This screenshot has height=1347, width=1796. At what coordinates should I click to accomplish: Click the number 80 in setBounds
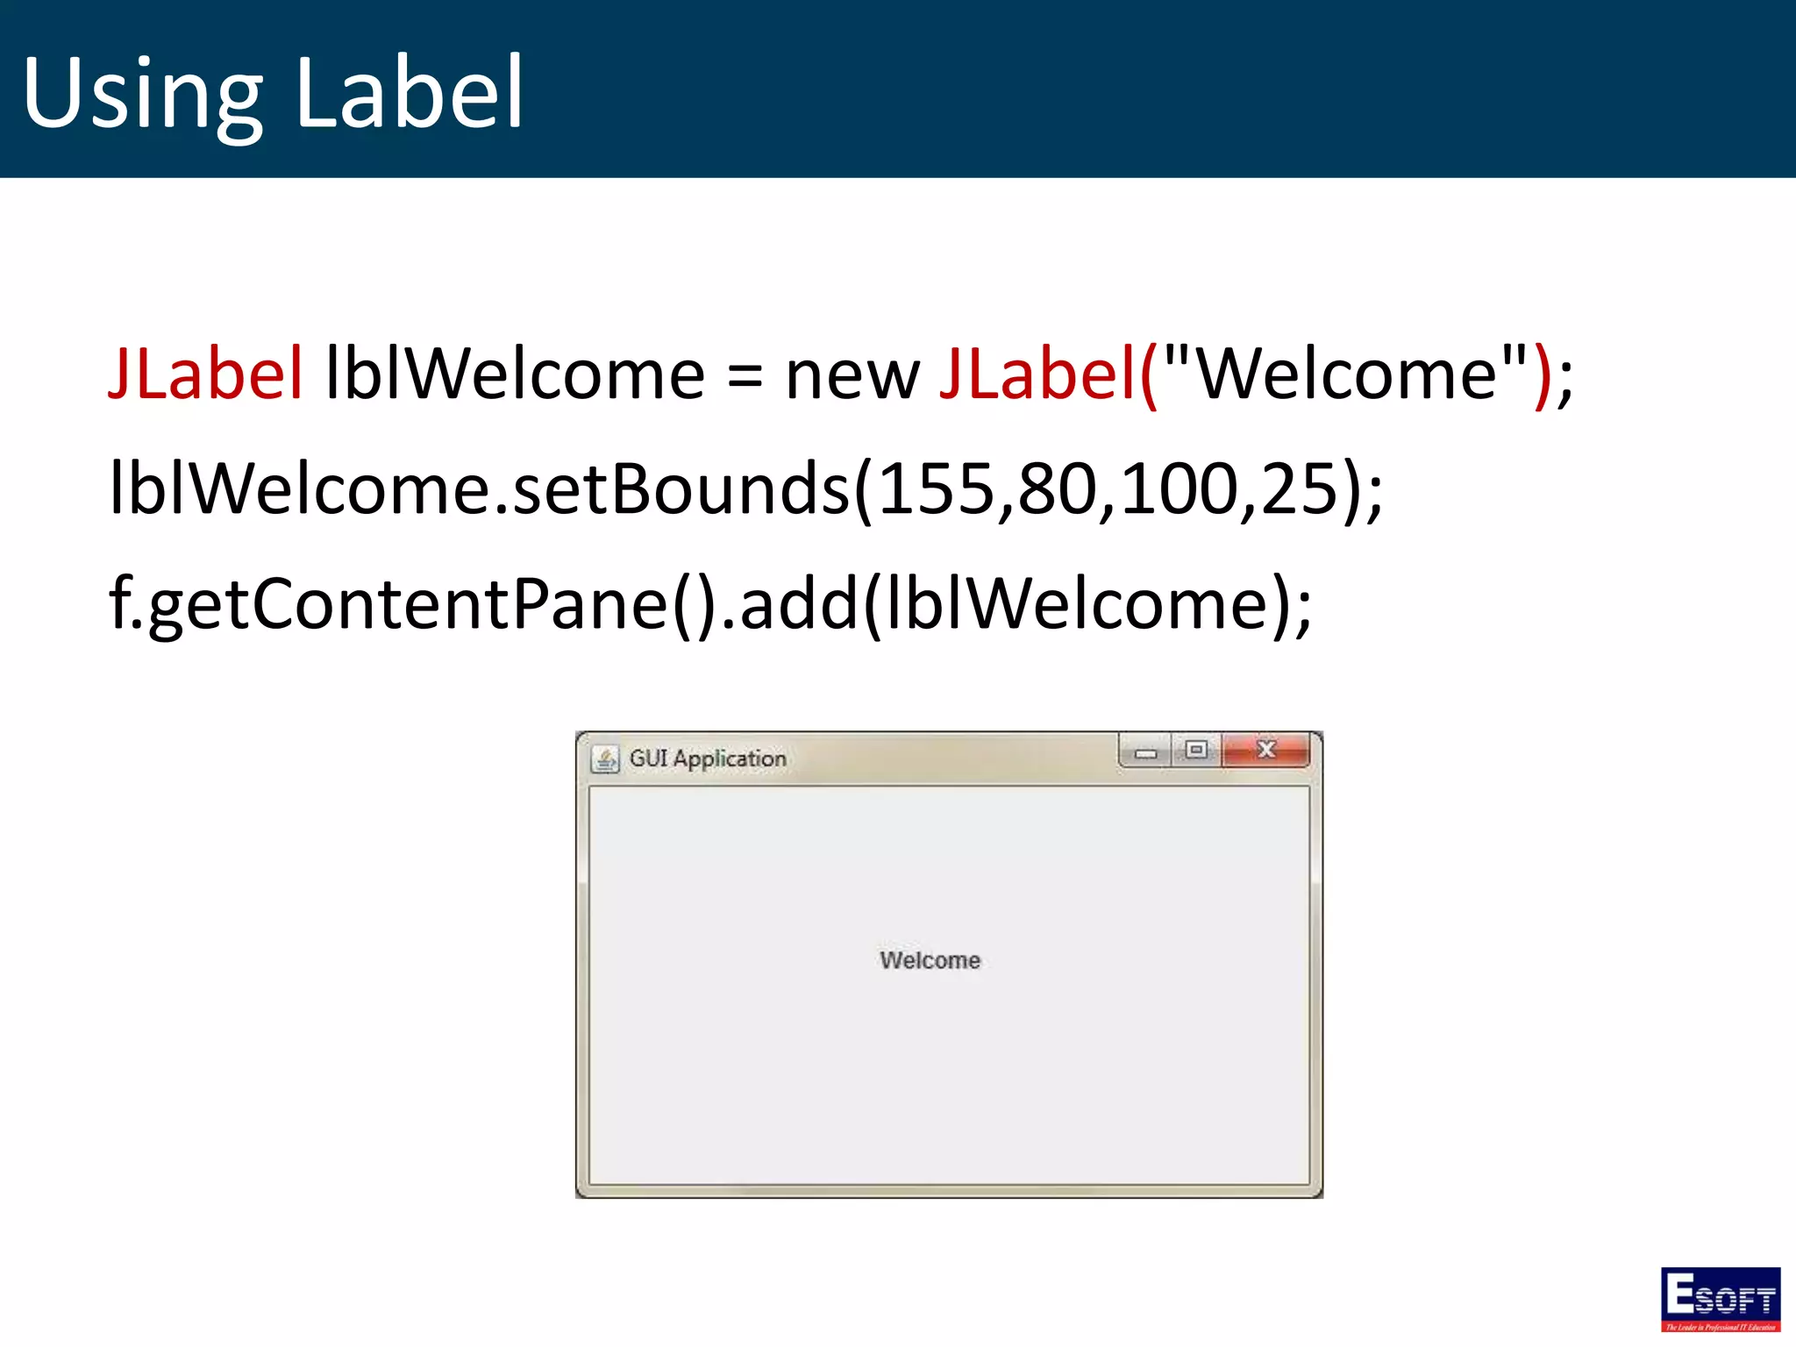(1058, 488)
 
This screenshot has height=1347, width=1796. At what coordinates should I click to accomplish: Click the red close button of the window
(1265, 750)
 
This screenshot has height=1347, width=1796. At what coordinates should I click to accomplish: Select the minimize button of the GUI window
(1145, 752)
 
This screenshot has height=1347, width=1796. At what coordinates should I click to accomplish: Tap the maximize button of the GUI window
(1195, 750)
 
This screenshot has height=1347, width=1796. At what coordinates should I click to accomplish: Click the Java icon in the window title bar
(604, 759)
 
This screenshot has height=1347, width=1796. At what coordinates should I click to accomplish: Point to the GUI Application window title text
(708, 759)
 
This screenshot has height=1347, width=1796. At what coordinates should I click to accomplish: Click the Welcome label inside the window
(930, 960)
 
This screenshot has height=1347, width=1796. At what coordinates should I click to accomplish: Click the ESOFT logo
(1720, 1299)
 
